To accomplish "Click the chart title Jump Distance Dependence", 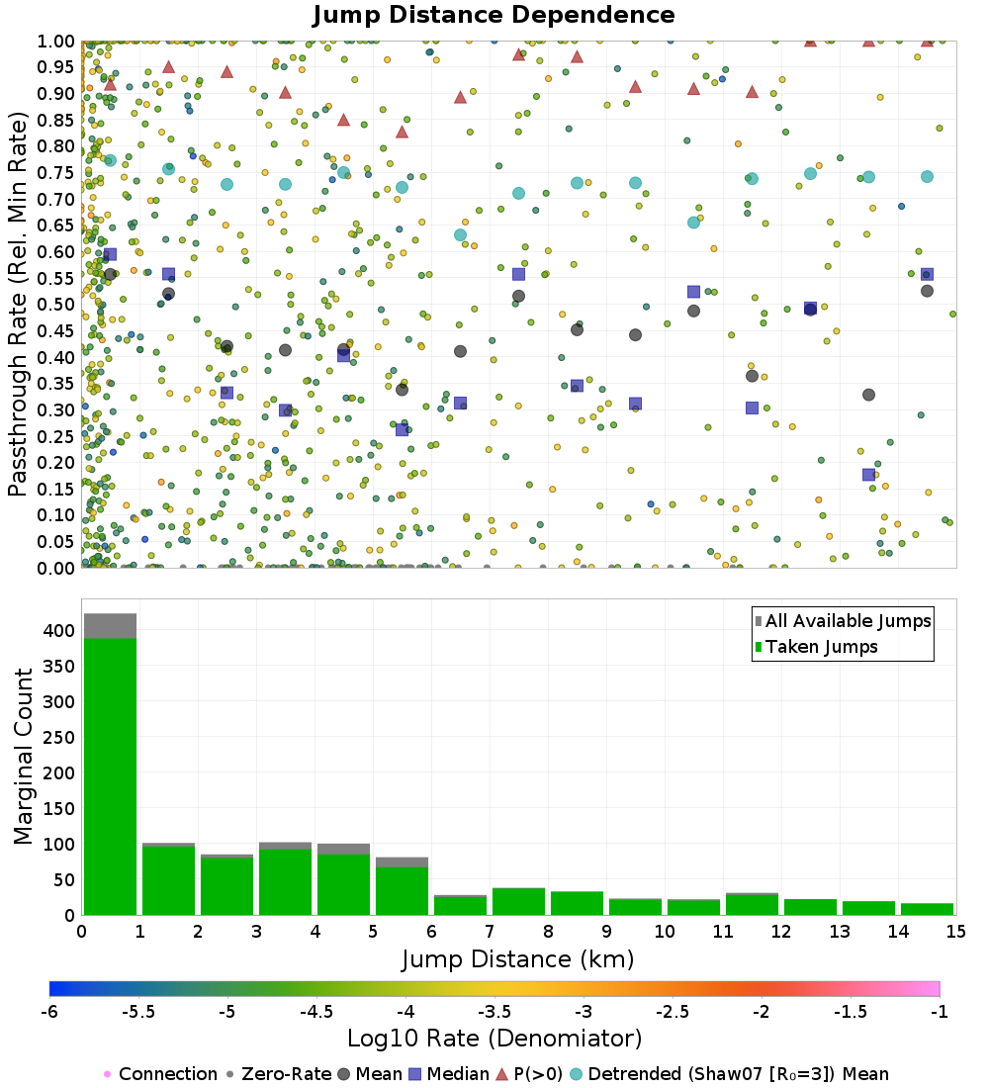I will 494,16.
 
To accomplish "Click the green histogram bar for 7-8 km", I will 518,901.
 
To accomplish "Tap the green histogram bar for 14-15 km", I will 927,909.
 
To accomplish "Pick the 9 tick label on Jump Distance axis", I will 606,932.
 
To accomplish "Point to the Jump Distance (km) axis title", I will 517,958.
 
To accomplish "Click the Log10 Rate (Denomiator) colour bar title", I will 494,1039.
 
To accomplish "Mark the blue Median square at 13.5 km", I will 868,475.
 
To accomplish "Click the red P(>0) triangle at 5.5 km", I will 402,132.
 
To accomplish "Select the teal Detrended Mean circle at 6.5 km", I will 460,234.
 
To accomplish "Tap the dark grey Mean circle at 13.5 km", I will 868,395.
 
